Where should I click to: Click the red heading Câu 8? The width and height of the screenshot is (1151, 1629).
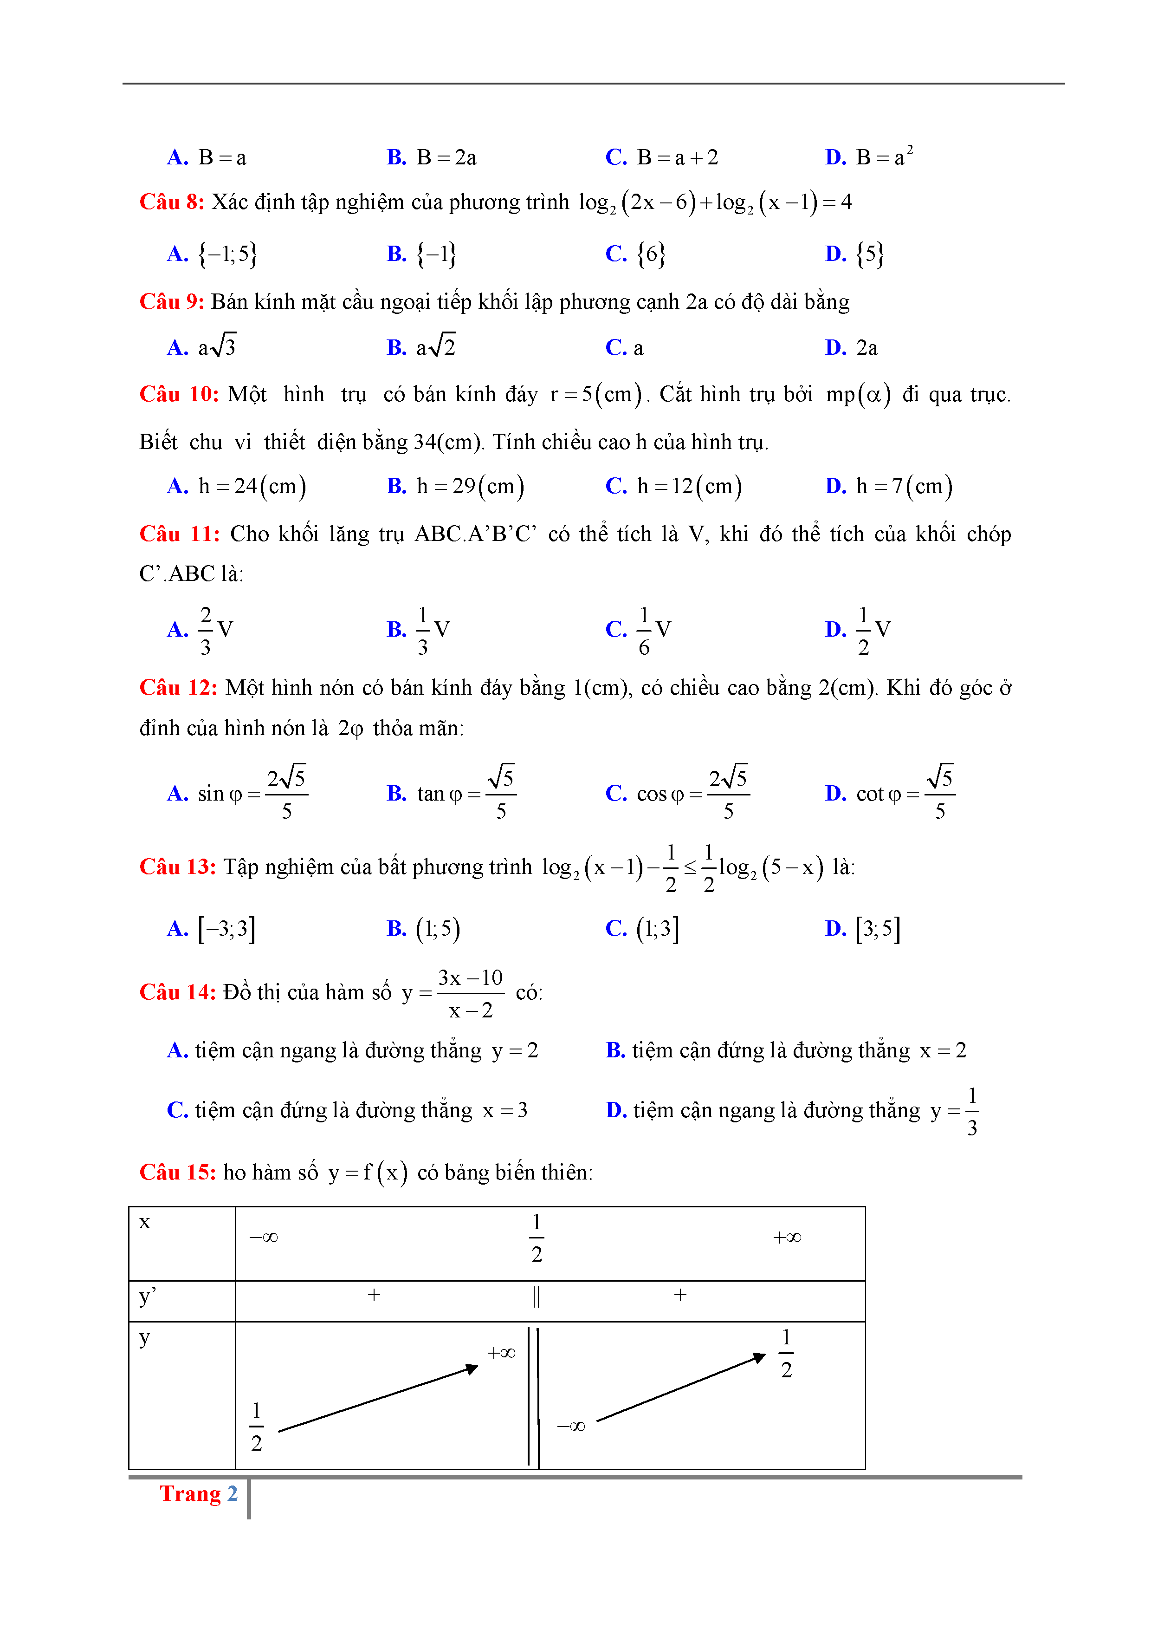172,202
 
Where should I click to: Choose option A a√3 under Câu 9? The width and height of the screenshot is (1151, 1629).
216,347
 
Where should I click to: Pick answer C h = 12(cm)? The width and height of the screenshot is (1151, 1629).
689,487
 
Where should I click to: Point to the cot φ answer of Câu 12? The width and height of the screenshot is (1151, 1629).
905,793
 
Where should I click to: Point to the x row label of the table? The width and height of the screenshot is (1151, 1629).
145,1223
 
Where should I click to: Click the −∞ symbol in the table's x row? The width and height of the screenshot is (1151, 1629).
263,1238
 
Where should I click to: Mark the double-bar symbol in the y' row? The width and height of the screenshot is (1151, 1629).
536,1297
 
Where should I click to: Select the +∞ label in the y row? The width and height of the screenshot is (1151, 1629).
501,1354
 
